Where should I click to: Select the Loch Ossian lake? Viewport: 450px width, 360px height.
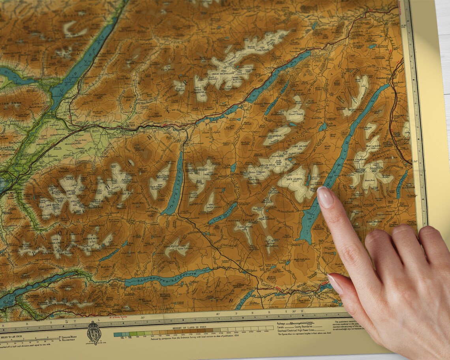223,213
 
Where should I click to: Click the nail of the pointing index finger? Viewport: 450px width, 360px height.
325,197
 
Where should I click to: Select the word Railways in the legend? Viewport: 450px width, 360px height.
281,322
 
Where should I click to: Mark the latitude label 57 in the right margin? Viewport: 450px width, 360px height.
403,26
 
